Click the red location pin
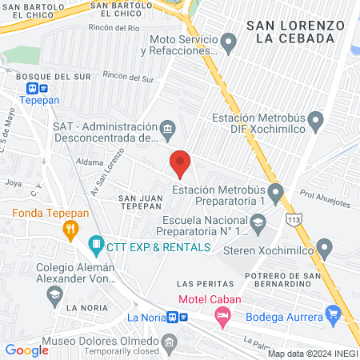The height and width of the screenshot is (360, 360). tap(181, 163)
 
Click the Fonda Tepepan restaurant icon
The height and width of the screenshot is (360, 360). tap(70, 229)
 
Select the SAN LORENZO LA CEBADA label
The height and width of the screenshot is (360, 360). tap(296, 32)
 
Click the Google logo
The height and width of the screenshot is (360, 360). tap(27, 350)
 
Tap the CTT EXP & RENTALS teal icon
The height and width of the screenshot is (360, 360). tap(95, 242)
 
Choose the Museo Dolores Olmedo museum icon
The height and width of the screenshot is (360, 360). tap(169, 342)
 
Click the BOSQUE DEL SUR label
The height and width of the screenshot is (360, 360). tap(45, 76)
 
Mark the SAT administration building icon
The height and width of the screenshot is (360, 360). tap(168, 126)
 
